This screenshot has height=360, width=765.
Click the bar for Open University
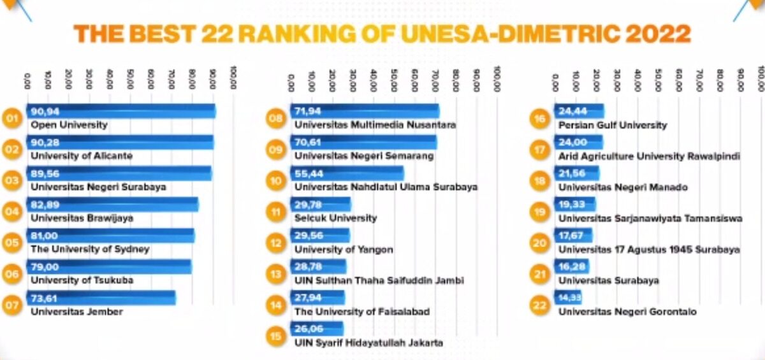[x=121, y=112]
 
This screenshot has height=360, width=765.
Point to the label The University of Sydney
[x=90, y=249]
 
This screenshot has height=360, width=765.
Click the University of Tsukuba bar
[x=108, y=266]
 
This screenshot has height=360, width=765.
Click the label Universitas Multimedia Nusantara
[x=375, y=125]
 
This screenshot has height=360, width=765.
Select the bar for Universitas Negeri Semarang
[x=363, y=142]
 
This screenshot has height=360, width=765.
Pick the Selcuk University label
[x=335, y=218]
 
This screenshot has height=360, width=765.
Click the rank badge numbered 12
[x=275, y=243]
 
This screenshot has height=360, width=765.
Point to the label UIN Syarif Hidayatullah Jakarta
[x=368, y=343]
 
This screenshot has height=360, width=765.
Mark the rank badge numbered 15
[x=275, y=336]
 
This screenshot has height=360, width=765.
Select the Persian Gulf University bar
[x=579, y=112]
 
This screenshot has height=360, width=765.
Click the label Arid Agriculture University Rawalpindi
[x=649, y=156]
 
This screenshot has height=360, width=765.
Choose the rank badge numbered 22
[x=539, y=305]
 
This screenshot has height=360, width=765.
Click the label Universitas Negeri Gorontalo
[x=627, y=312]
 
